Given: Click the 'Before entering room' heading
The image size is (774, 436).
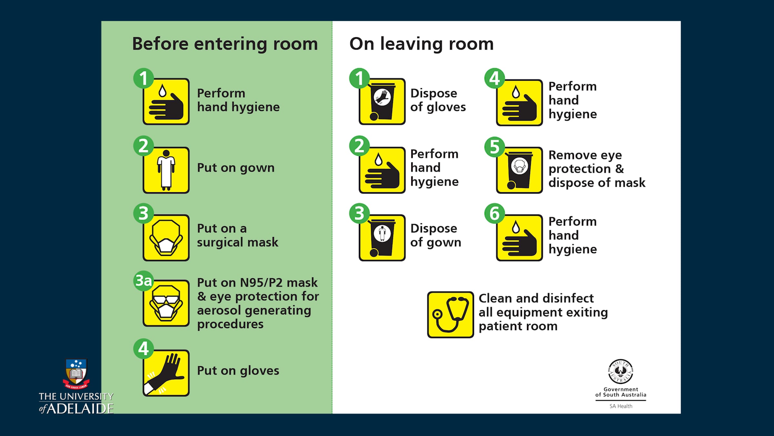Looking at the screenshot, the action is [x=225, y=44].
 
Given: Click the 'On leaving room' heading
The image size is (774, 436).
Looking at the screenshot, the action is [x=422, y=44].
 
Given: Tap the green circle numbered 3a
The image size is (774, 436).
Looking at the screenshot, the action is [x=144, y=281].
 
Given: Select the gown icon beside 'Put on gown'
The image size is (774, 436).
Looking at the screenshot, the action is [x=166, y=170].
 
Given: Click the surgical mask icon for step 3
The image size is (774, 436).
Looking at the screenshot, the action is [x=166, y=238].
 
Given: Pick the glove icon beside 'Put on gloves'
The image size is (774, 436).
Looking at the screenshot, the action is [x=166, y=373].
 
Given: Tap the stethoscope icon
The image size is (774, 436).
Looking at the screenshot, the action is [x=451, y=315].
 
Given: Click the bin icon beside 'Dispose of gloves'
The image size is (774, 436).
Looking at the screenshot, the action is [x=382, y=101].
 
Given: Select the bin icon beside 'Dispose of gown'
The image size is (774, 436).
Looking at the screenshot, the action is [x=382, y=238].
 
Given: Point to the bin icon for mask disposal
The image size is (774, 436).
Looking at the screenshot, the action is [x=520, y=170].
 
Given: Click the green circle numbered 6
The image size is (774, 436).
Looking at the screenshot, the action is [x=494, y=213].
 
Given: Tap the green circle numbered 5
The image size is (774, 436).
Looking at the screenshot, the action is [x=494, y=147].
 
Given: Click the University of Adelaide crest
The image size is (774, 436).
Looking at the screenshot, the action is [x=76, y=374].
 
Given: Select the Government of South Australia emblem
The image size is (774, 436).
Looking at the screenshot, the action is [x=621, y=372].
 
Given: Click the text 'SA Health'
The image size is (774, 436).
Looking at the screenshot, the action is [x=621, y=406].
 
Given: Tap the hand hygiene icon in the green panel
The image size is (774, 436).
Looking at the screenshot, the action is [x=166, y=101].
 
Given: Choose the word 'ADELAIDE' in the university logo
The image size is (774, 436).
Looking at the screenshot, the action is [x=80, y=409].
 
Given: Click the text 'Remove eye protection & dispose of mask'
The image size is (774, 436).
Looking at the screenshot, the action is [x=597, y=169].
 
